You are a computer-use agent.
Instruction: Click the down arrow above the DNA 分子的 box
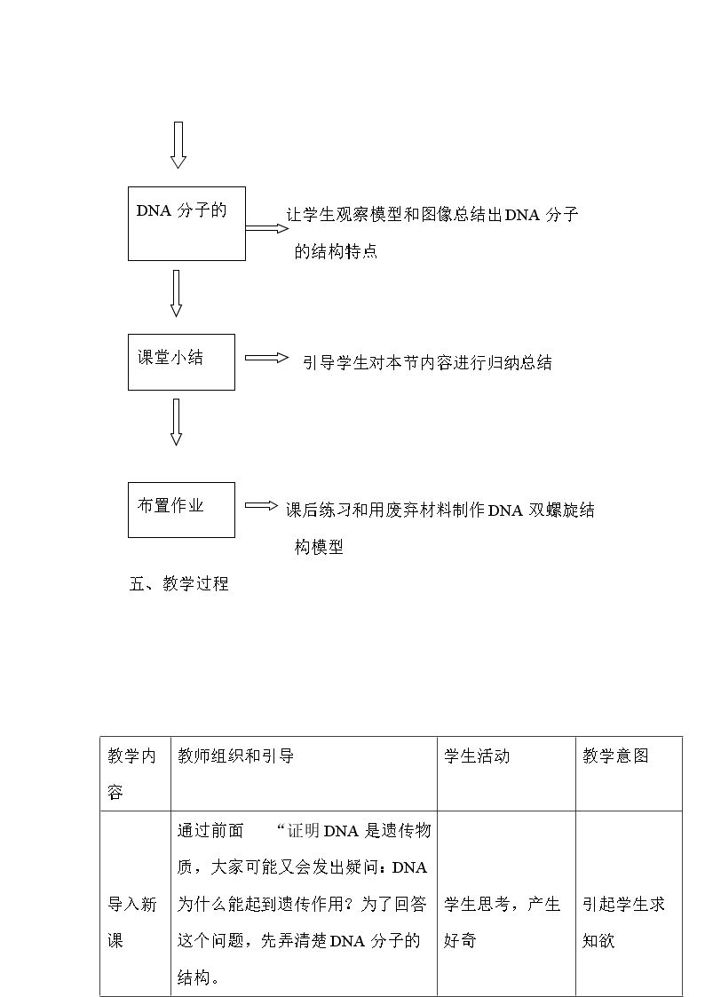click(x=178, y=145)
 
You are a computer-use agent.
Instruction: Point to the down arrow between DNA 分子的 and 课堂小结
click(x=177, y=293)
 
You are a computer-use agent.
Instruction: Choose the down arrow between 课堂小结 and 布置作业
click(x=177, y=423)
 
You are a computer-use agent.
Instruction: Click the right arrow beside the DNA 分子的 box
click(x=267, y=228)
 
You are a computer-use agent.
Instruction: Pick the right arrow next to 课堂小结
click(x=267, y=358)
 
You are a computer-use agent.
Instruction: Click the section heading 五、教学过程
click(x=178, y=583)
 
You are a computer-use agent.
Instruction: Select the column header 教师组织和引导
click(x=236, y=756)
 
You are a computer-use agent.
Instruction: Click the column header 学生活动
click(x=477, y=756)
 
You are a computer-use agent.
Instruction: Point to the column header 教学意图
click(x=615, y=756)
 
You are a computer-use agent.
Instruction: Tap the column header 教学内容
click(x=131, y=774)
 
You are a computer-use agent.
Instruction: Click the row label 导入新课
click(x=131, y=922)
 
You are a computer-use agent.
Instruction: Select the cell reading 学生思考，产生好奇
click(x=503, y=922)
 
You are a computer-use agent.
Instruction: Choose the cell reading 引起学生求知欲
click(x=623, y=922)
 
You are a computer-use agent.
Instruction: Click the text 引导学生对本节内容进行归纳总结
click(x=427, y=362)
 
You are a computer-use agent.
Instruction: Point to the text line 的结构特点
click(x=336, y=251)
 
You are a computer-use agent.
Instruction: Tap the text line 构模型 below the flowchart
click(x=319, y=546)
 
